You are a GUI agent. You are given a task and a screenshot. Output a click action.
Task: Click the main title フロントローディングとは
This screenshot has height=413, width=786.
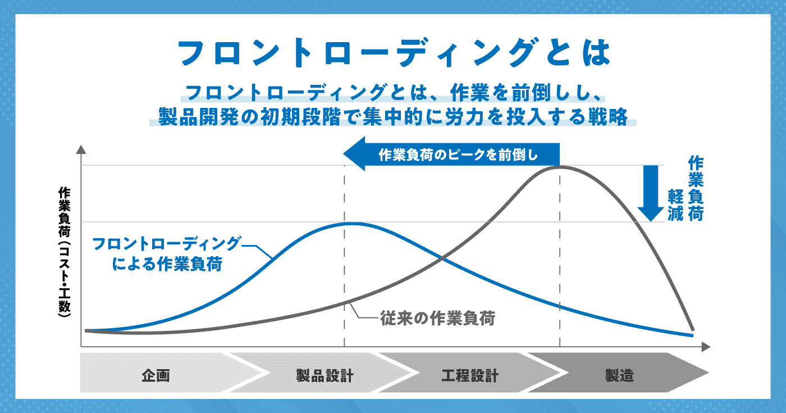click(394, 53)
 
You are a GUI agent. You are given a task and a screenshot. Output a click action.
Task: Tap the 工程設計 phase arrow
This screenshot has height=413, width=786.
click(470, 373)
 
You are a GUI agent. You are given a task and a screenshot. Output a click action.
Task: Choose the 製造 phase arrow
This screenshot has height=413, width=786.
click(618, 373)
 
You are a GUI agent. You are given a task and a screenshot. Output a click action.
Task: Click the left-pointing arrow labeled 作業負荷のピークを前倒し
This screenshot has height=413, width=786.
click(451, 154)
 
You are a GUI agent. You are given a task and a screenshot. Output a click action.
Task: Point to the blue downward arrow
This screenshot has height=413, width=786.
click(651, 193)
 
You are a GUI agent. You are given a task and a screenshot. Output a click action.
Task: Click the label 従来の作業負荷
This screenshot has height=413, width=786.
click(437, 318)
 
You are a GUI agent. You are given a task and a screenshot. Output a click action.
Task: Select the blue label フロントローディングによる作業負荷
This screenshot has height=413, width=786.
click(167, 253)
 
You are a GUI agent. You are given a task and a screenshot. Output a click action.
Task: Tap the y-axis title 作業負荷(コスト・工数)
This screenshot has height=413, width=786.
click(65, 252)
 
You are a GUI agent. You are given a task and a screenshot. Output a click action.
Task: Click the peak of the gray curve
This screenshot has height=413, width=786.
click(561, 166)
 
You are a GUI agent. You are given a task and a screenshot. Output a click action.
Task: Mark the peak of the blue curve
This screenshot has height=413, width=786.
click(353, 224)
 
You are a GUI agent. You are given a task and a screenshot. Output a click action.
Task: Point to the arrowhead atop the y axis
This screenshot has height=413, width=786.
click(81, 149)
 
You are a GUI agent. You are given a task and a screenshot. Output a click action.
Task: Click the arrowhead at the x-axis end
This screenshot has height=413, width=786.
click(706, 347)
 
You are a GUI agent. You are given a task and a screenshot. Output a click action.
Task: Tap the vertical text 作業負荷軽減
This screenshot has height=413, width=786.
click(686, 189)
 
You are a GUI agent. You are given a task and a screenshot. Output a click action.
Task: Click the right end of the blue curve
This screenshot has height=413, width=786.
click(693, 336)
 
